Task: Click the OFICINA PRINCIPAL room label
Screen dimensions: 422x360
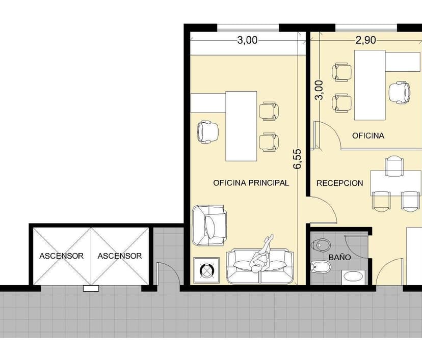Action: (251, 183)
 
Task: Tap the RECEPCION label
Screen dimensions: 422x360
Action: (339, 183)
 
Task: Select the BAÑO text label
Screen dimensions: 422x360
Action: (339, 257)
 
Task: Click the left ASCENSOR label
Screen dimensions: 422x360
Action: (61, 256)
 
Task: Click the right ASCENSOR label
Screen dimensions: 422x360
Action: (119, 256)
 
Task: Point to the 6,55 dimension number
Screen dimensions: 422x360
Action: (298, 159)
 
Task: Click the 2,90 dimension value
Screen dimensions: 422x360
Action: (365, 40)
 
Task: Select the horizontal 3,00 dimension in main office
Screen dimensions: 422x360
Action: (247, 40)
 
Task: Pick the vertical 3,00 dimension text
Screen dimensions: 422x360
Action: (319, 90)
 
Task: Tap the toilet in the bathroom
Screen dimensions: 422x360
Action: (320, 245)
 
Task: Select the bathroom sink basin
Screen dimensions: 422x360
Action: (353, 277)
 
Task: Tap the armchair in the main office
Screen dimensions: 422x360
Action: (209, 225)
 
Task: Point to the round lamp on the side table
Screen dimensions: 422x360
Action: (206, 270)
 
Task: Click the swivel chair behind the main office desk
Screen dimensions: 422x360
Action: (207, 132)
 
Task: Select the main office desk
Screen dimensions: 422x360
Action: (241, 126)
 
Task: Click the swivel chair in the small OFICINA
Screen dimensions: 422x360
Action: (400, 93)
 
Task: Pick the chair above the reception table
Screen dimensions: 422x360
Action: (394, 166)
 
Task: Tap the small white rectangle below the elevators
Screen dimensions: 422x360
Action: (91, 288)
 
